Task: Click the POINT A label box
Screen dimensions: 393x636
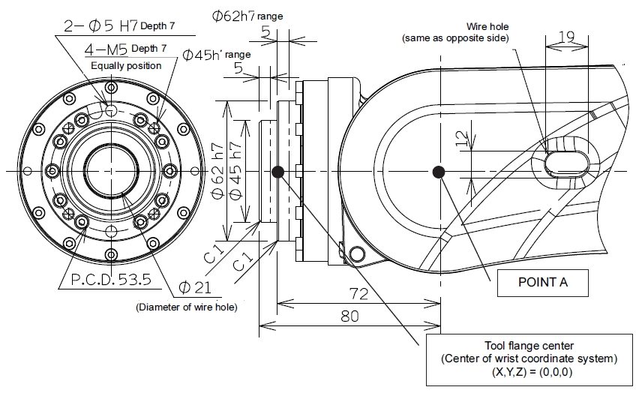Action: [542, 283]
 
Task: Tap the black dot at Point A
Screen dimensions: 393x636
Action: [439, 172]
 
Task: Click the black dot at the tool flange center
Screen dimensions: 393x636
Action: [278, 172]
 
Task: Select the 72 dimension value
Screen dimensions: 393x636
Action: [358, 293]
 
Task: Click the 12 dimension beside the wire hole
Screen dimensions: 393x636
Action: [460, 139]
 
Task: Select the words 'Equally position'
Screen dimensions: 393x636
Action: [126, 65]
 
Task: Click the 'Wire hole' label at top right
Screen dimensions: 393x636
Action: [487, 25]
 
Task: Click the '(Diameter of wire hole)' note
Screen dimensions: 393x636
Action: [186, 306]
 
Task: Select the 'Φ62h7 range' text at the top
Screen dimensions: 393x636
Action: [245, 15]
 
